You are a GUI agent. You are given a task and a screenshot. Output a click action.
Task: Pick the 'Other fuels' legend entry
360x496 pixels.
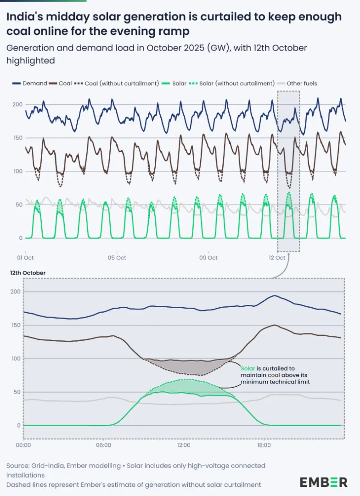point(302,84)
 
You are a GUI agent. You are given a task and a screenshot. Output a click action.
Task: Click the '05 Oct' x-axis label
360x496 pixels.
point(117,258)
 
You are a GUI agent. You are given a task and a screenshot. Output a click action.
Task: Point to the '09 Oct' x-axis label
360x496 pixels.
point(208,258)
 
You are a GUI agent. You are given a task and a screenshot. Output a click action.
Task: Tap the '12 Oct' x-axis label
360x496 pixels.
point(277,258)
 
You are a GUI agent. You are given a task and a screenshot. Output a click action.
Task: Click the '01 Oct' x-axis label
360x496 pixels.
point(26,258)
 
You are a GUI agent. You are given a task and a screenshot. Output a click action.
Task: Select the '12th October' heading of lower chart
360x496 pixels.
point(28,273)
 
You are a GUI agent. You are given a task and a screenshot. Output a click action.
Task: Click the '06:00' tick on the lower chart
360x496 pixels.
point(104,445)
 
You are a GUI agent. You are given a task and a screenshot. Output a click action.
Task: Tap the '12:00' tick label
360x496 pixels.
point(184,445)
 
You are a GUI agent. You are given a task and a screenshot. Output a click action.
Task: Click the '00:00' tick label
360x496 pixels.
point(24,445)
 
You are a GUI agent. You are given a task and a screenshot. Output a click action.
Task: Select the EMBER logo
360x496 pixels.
point(324,482)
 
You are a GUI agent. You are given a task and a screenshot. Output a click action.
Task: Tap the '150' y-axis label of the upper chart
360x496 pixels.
point(17,138)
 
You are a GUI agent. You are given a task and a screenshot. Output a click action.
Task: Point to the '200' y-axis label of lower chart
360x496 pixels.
point(16,292)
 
